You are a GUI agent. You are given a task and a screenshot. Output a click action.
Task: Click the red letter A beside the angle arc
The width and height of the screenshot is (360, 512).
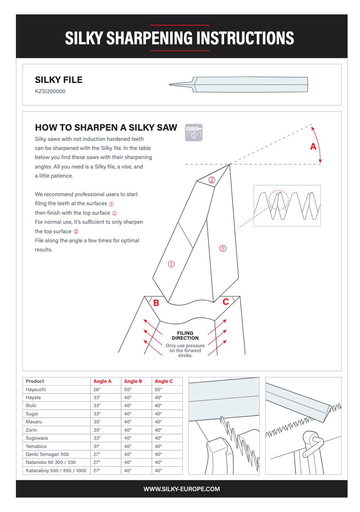tap(313, 147)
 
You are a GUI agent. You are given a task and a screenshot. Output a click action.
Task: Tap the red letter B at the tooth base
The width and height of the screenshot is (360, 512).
tap(156, 303)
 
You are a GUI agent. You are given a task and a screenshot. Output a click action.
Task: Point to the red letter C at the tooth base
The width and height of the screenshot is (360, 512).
tap(226, 302)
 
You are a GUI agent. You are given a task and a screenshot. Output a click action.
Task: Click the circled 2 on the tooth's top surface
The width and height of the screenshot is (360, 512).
tap(212, 180)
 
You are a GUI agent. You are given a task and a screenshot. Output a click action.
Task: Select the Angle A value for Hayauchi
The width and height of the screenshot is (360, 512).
tap(97, 389)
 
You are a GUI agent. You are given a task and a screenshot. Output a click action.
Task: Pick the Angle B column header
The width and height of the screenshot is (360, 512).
tap(133, 381)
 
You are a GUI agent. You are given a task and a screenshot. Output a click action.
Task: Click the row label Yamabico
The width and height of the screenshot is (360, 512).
tap(36, 446)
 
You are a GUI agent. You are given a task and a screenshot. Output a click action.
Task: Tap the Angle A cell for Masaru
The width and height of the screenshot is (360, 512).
tap(97, 422)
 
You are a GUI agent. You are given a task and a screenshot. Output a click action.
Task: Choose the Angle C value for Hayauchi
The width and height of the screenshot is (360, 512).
tap(158, 389)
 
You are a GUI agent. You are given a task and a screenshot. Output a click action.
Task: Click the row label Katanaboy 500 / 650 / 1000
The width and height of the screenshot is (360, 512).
tap(56, 471)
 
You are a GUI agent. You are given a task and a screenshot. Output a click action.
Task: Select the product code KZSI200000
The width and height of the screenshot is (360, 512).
tap(50, 91)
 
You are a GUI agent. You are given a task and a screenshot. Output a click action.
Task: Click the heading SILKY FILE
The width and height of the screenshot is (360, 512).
tap(59, 80)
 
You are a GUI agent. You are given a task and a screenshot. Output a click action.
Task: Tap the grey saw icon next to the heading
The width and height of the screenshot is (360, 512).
tap(194, 133)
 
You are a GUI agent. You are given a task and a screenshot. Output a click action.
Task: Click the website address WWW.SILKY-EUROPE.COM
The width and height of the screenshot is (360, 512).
tap(182, 489)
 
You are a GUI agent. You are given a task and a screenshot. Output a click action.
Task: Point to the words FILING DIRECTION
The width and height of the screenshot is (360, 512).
tap(185, 336)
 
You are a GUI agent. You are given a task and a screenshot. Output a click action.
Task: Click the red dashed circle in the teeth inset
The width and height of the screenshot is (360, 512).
tap(279, 200)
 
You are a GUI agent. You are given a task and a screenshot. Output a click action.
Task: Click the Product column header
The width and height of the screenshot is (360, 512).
tap(35, 381)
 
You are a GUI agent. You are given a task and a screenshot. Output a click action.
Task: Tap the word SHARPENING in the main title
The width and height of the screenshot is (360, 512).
tap(150, 38)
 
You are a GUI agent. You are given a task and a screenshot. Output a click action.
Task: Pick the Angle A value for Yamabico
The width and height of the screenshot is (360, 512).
tap(97, 446)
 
